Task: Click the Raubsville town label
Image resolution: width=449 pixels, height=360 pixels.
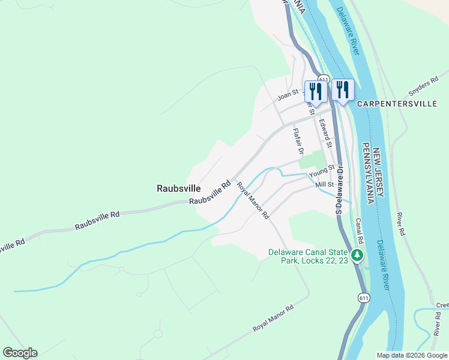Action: [x=178, y=188]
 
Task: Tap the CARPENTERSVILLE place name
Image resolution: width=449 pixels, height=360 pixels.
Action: [x=397, y=104]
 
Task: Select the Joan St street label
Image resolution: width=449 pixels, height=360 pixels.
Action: [x=288, y=94]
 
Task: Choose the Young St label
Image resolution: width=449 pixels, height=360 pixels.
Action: [x=321, y=173]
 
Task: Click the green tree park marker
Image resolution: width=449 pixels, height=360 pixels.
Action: [x=358, y=256]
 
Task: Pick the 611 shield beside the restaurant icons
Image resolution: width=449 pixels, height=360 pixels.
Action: [x=324, y=79]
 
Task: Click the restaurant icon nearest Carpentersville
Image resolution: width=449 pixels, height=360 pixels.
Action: [x=342, y=91]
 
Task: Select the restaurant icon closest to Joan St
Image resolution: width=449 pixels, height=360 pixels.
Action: [x=315, y=91]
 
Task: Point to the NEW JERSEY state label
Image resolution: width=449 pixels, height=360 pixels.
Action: [x=377, y=174]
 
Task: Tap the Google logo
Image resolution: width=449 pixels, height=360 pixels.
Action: [x=20, y=353]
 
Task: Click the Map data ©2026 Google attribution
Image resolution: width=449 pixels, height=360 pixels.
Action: [x=411, y=355]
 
